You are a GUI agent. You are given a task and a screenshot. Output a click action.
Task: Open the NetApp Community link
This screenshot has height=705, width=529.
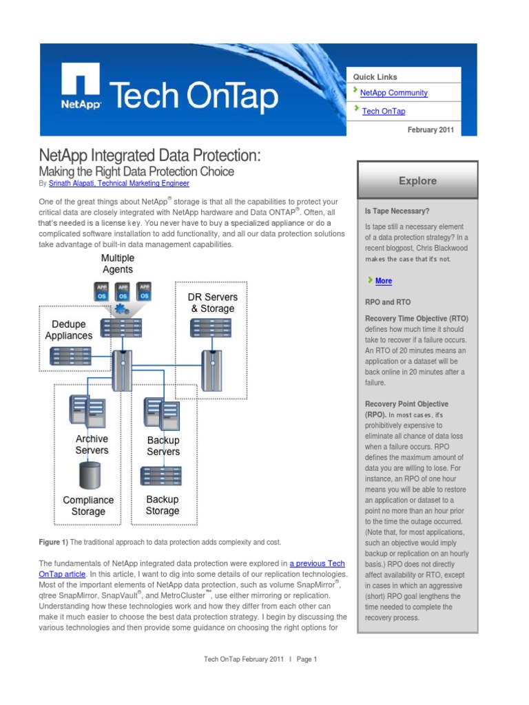coord(393,93)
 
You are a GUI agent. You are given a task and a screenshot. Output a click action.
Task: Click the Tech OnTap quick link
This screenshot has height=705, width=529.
coord(383,111)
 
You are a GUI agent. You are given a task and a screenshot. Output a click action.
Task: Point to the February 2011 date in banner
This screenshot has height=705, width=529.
coord(431,130)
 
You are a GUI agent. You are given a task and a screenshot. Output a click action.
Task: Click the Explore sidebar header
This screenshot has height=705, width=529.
coord(417,181)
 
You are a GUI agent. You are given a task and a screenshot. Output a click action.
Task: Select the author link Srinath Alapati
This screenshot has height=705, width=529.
coord(119,184)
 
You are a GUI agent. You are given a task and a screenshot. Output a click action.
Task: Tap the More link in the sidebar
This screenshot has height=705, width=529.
coord(384,281)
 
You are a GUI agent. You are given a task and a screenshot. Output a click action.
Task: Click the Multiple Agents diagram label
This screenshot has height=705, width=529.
coord(117,264)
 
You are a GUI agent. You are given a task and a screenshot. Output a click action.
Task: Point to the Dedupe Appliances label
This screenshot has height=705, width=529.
coord(69,330)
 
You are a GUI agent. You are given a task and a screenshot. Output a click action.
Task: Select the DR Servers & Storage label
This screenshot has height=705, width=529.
coord(213,303)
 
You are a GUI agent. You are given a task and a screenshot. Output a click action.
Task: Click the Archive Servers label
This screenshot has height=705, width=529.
coord(92,445)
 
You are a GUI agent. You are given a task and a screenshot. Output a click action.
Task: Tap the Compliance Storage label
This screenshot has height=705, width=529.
coord(88,506)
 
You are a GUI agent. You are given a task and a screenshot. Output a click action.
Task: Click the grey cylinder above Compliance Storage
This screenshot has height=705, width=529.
coord(90,475)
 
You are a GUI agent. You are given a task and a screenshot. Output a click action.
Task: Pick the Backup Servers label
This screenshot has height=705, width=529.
coord(163,446)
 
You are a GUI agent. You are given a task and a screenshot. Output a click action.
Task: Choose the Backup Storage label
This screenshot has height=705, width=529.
coord(163,505)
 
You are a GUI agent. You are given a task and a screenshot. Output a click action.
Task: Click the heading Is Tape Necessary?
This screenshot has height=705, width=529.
coord(397,211)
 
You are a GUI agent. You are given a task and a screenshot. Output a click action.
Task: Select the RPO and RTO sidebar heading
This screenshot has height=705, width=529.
coord(388,302)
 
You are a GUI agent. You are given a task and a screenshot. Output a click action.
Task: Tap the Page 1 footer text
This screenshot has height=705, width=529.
coord(307,659)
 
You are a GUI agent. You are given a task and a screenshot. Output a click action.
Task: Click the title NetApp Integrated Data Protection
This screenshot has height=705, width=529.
coord(149,155)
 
